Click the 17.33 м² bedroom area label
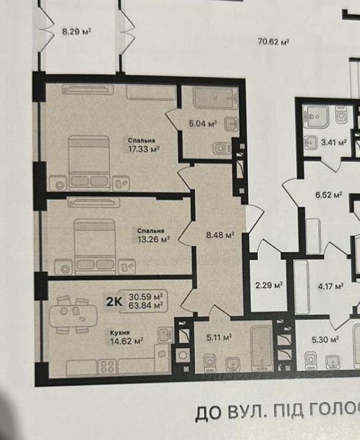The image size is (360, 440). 144,149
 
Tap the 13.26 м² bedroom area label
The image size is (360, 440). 154,239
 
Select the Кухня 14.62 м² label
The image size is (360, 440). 127,338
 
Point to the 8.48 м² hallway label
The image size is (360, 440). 220,235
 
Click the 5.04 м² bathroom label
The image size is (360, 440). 202,123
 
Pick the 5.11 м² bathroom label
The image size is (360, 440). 219,338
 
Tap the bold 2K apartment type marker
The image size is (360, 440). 114,301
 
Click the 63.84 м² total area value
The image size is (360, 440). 146,306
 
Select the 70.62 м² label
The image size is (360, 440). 274,42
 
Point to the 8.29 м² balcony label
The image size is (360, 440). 77,31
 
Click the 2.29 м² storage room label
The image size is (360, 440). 269,285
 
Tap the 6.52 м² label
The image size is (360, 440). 328,195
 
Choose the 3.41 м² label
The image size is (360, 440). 333,142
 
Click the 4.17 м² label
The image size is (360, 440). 331,287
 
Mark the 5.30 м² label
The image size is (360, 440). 325,339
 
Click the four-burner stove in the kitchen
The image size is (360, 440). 107,366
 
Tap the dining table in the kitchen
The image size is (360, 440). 73,315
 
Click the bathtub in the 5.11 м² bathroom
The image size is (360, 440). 261,348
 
